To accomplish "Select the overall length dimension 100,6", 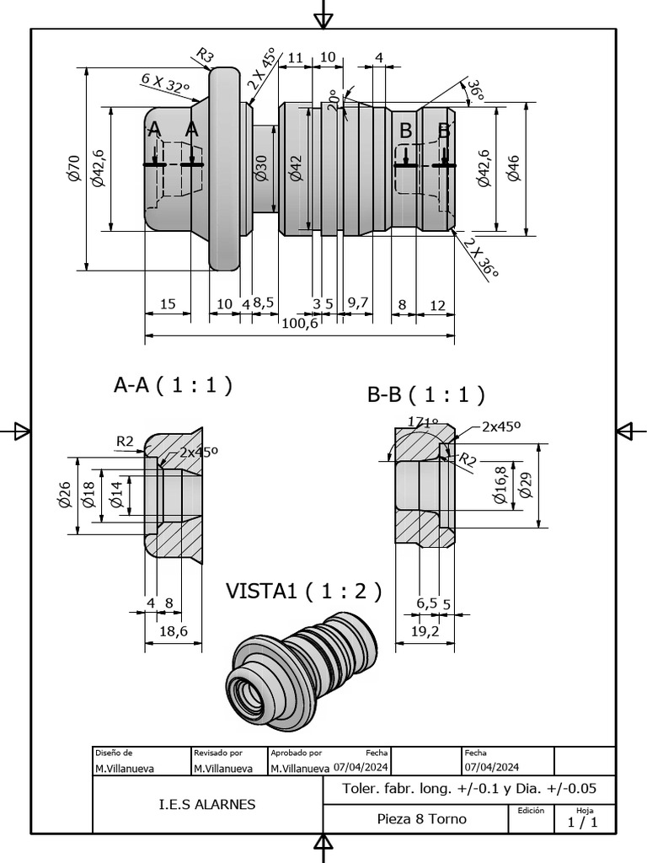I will point(300,324).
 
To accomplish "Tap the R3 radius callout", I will point(204,56).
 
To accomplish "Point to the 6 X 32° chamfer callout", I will point(165,83).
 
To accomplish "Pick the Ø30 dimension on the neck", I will point(261,169).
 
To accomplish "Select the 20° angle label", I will point(334,99).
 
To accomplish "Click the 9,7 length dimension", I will point(357,303).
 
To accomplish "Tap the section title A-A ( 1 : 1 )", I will point(173,385).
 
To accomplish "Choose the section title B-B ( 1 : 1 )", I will point(425,394).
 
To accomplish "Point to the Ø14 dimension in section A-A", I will point(116,492).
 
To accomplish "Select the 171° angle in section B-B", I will point(423,422).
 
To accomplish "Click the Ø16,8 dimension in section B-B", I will point(500,486).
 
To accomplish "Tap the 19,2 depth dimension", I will point(425,630).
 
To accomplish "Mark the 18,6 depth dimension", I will point(173,630).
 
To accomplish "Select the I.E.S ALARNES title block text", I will point(207,804).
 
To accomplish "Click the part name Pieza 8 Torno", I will point(421,818).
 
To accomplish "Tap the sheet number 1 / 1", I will point(583,823).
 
